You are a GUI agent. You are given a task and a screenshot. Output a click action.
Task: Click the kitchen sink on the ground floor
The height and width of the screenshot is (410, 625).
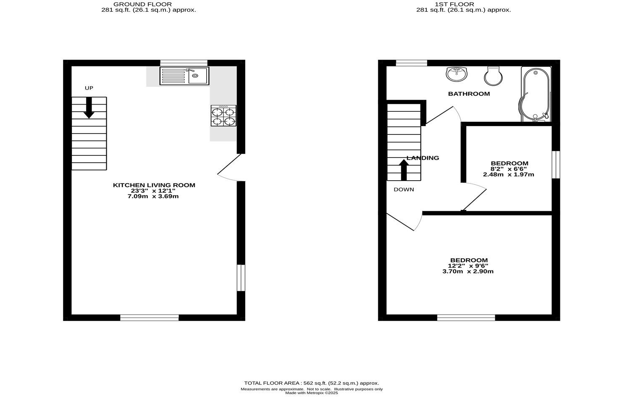pos(184,76)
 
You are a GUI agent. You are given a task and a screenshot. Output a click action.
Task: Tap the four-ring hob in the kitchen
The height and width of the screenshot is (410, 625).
pos(223,116)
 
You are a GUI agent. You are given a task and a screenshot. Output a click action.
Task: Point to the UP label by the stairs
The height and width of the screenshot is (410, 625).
pos(89,88)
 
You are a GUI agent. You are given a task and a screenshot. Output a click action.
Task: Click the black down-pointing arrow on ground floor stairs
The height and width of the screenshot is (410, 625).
pos(89,108)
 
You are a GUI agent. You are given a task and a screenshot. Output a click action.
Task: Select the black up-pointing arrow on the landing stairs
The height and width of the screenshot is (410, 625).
pos(404,170)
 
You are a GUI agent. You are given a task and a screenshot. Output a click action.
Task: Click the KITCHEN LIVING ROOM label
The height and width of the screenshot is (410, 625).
pos(154,185)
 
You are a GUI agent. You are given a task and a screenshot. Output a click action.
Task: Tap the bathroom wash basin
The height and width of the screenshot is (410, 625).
pos(456,74)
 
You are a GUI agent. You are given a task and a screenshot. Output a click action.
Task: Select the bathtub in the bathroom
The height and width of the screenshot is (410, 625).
pos(535,95)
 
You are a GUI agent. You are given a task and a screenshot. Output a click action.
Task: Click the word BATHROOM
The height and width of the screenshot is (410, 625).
pos(469,94)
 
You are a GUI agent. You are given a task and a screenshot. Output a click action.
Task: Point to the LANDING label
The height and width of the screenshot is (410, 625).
pos(423,158)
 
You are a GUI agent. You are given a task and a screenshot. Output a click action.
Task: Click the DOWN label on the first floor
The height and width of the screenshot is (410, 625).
pos(404,189)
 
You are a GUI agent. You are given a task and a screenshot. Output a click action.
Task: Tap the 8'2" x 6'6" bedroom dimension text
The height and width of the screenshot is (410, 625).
pos(509,169)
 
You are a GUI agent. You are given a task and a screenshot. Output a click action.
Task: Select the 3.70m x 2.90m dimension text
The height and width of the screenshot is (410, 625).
pos(467,271)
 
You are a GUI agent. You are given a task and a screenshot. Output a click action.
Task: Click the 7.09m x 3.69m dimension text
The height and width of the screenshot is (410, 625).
pos(154,196)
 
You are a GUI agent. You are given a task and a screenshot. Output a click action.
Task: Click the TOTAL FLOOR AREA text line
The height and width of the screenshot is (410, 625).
pos(311,383)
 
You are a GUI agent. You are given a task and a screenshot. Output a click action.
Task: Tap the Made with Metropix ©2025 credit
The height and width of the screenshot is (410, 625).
pos(311,393)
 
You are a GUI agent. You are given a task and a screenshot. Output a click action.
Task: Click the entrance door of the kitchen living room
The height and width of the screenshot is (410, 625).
pos(229,168)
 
